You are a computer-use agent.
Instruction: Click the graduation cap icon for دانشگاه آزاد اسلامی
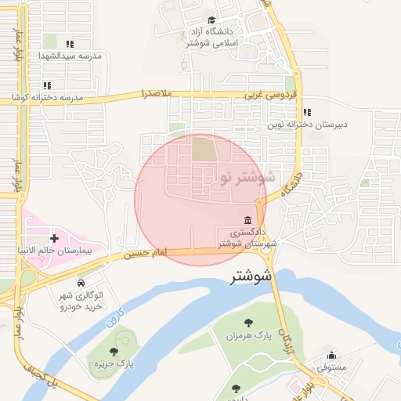click(x=211, y=20)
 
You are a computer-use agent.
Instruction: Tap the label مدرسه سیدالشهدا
click(x=71, y=57)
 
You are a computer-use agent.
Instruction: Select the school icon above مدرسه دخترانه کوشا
click(x=47, y=85)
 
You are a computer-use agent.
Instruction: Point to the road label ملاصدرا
click(x=155, y=94)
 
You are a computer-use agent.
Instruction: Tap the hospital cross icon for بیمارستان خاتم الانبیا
click(x=54, y=237)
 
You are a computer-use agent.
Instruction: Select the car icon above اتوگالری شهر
click(x=81, y=282)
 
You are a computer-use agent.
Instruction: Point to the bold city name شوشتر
click(x=252, y=276)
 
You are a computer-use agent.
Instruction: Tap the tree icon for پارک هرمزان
click(x=248, y=322)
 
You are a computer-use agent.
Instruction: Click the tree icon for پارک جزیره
click(x=114, y=352)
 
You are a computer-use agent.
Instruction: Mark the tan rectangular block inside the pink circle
click(x=203, y=149)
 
